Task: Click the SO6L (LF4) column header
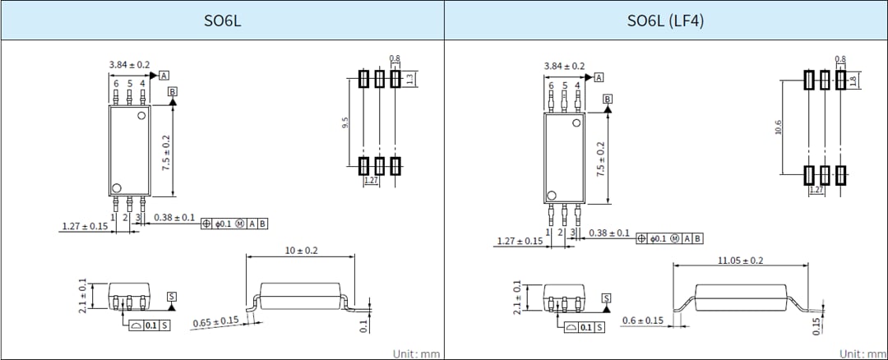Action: pos(666,21)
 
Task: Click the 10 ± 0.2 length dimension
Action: pos(301,250)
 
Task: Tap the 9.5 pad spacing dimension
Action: pos(345,122)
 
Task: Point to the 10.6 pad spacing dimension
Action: pos(778,127)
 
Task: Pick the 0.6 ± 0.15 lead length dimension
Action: pos(642,320)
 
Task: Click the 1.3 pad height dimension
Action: pos(409,78)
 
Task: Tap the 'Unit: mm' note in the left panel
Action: pos(416,353)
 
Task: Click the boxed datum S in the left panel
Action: pos(171,296)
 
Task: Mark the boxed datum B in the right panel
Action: pos(608,99)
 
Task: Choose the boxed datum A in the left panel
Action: pos(164,75)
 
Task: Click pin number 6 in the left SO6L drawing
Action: pos(116,84)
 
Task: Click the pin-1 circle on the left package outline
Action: pos(118,187)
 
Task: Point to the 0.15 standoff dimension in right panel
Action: pos(816,325)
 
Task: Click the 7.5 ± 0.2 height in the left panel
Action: pos(167,152)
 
